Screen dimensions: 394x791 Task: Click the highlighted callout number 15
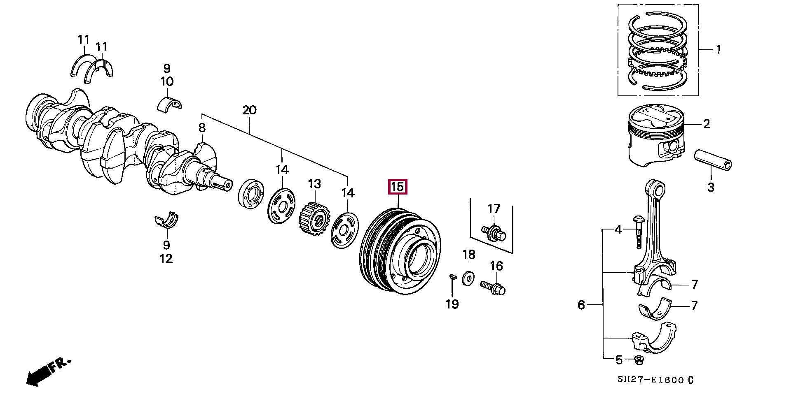point(398,187)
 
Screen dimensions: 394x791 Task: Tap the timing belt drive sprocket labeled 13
point(314,218)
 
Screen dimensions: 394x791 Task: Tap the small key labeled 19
point(452,277)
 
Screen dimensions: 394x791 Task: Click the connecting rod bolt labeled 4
point(637,232)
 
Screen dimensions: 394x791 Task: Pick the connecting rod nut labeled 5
point(639,361)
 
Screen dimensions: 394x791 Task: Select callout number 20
point(249,110)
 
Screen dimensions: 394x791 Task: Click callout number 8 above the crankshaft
point(202,128)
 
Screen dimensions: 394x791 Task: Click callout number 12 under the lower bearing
point(166,259)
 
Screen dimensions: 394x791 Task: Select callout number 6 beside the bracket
point(581,305)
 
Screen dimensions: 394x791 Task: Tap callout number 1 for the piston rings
point(718,50)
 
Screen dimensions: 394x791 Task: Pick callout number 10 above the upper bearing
point(167,81)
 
